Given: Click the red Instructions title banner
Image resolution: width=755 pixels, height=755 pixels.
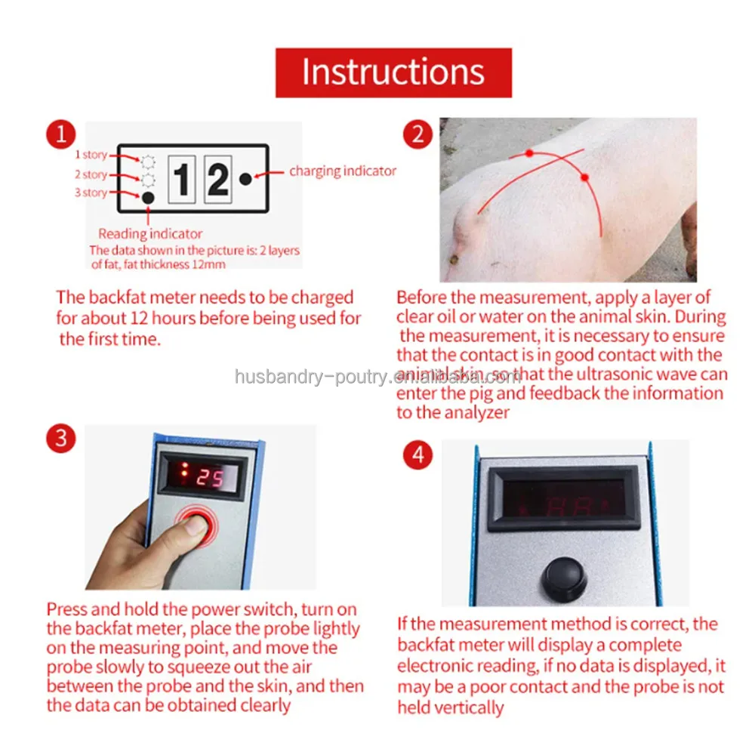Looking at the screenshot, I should click(393, 72).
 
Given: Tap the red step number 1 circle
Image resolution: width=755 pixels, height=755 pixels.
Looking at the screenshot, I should click(61, 135).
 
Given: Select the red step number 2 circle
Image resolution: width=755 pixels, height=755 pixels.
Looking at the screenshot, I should click(417, 135).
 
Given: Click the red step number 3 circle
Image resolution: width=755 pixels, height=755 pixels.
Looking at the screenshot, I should click(61, 439).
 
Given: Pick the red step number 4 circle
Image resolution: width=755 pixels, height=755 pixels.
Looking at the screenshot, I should click(418, 455).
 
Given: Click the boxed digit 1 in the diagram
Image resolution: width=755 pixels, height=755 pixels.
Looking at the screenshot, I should click(181, 180).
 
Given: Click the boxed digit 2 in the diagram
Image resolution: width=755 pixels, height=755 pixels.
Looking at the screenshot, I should click(217, 180).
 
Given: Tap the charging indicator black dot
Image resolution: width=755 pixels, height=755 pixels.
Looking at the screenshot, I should click(245, 179).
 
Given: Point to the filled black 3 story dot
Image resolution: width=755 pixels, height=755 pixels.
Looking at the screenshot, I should click(148, 197).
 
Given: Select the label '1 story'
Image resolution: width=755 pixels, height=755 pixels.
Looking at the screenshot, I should click(91, 155).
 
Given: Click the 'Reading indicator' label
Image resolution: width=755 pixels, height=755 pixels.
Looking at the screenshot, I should click(150, 234).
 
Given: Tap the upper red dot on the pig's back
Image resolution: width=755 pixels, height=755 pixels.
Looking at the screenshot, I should click(529, 153).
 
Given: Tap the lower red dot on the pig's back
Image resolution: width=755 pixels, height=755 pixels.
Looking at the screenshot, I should click(584, 177).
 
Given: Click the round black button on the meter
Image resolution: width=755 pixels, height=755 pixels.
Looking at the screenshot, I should click(563, 578).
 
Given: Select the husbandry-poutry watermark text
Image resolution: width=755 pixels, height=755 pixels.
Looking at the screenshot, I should click(377, 377).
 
